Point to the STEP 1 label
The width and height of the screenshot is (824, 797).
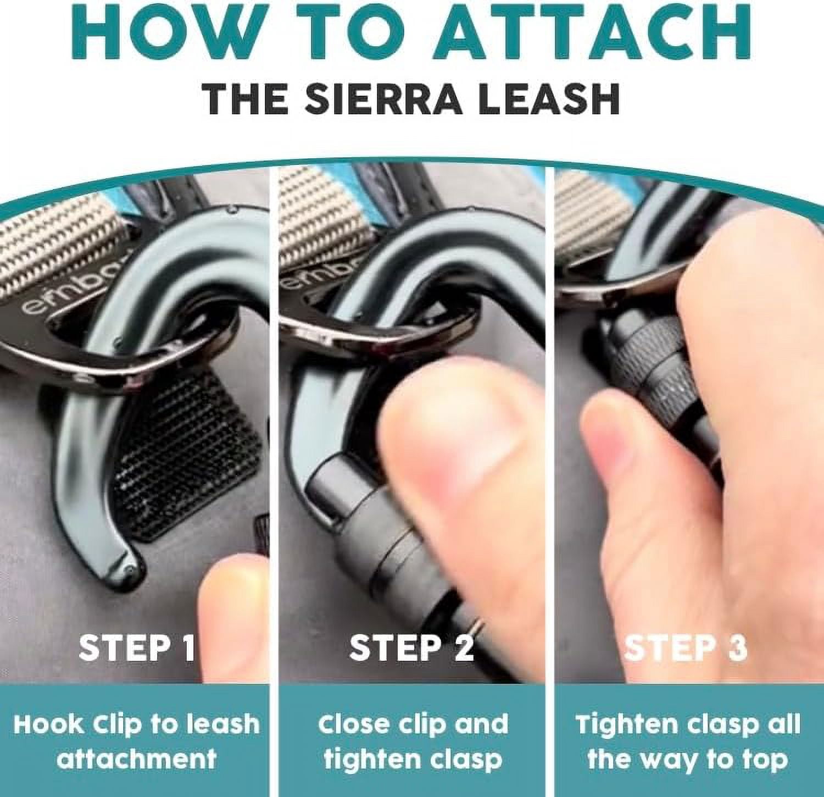point(137,648)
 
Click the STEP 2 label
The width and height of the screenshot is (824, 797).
point(411,648)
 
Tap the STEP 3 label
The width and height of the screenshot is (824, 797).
point(686,648)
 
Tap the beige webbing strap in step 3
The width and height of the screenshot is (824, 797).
point(591,220)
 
